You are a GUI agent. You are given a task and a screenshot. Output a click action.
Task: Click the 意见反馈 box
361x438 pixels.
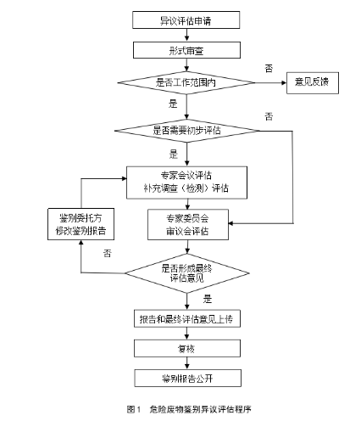pyautogui.click(x=312, y=82)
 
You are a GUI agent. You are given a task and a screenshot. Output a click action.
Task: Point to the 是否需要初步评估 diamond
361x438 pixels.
pyautogui.click(x=186, y=130)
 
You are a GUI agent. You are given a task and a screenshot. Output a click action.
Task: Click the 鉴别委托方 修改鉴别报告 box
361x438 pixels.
pyautogui.click(x=81, y=224)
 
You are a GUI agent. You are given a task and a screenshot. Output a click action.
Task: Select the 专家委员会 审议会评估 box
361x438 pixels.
pyautogui.click(x=186, y=224)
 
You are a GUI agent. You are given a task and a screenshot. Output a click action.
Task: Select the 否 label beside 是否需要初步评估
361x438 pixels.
pyautogui.click(x=268, y=115)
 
